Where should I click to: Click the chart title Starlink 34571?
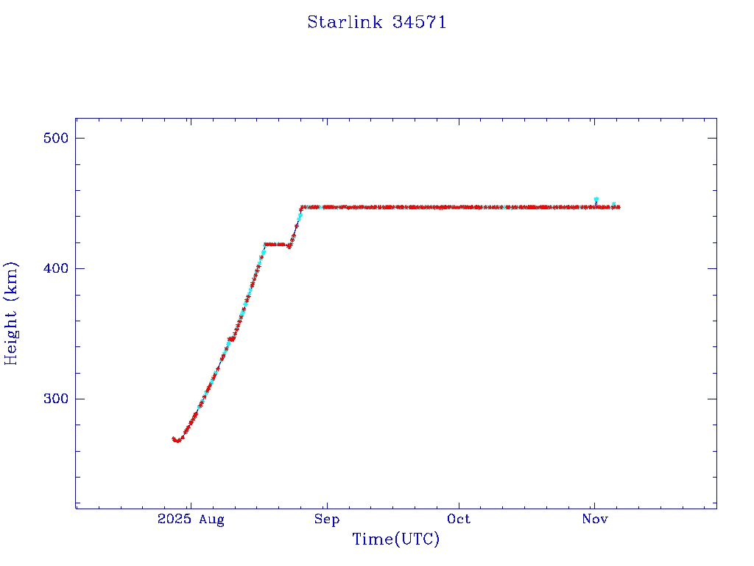[x=376, y=22]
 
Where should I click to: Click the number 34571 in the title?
[x=419, y=22]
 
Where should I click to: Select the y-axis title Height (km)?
[x=11, y=313]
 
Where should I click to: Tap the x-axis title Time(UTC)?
[x=395, y=539]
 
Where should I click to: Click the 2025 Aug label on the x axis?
[x=190, y=520]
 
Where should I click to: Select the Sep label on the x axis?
[x=326, y=520]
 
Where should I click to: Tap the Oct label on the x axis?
[x=459, y=520]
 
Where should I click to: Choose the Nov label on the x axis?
[x=594, y=520]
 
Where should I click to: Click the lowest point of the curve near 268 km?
[x=177, y=441]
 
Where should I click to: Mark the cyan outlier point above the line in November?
[x=596, y=200]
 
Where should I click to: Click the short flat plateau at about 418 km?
[x=277, y=244]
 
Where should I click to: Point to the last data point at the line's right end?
[x=618, y=207]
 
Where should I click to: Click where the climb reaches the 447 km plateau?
[x=301, y=208]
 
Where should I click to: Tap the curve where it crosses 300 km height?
[x=203, y=399]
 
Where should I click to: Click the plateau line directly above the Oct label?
[x=459, y=207]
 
